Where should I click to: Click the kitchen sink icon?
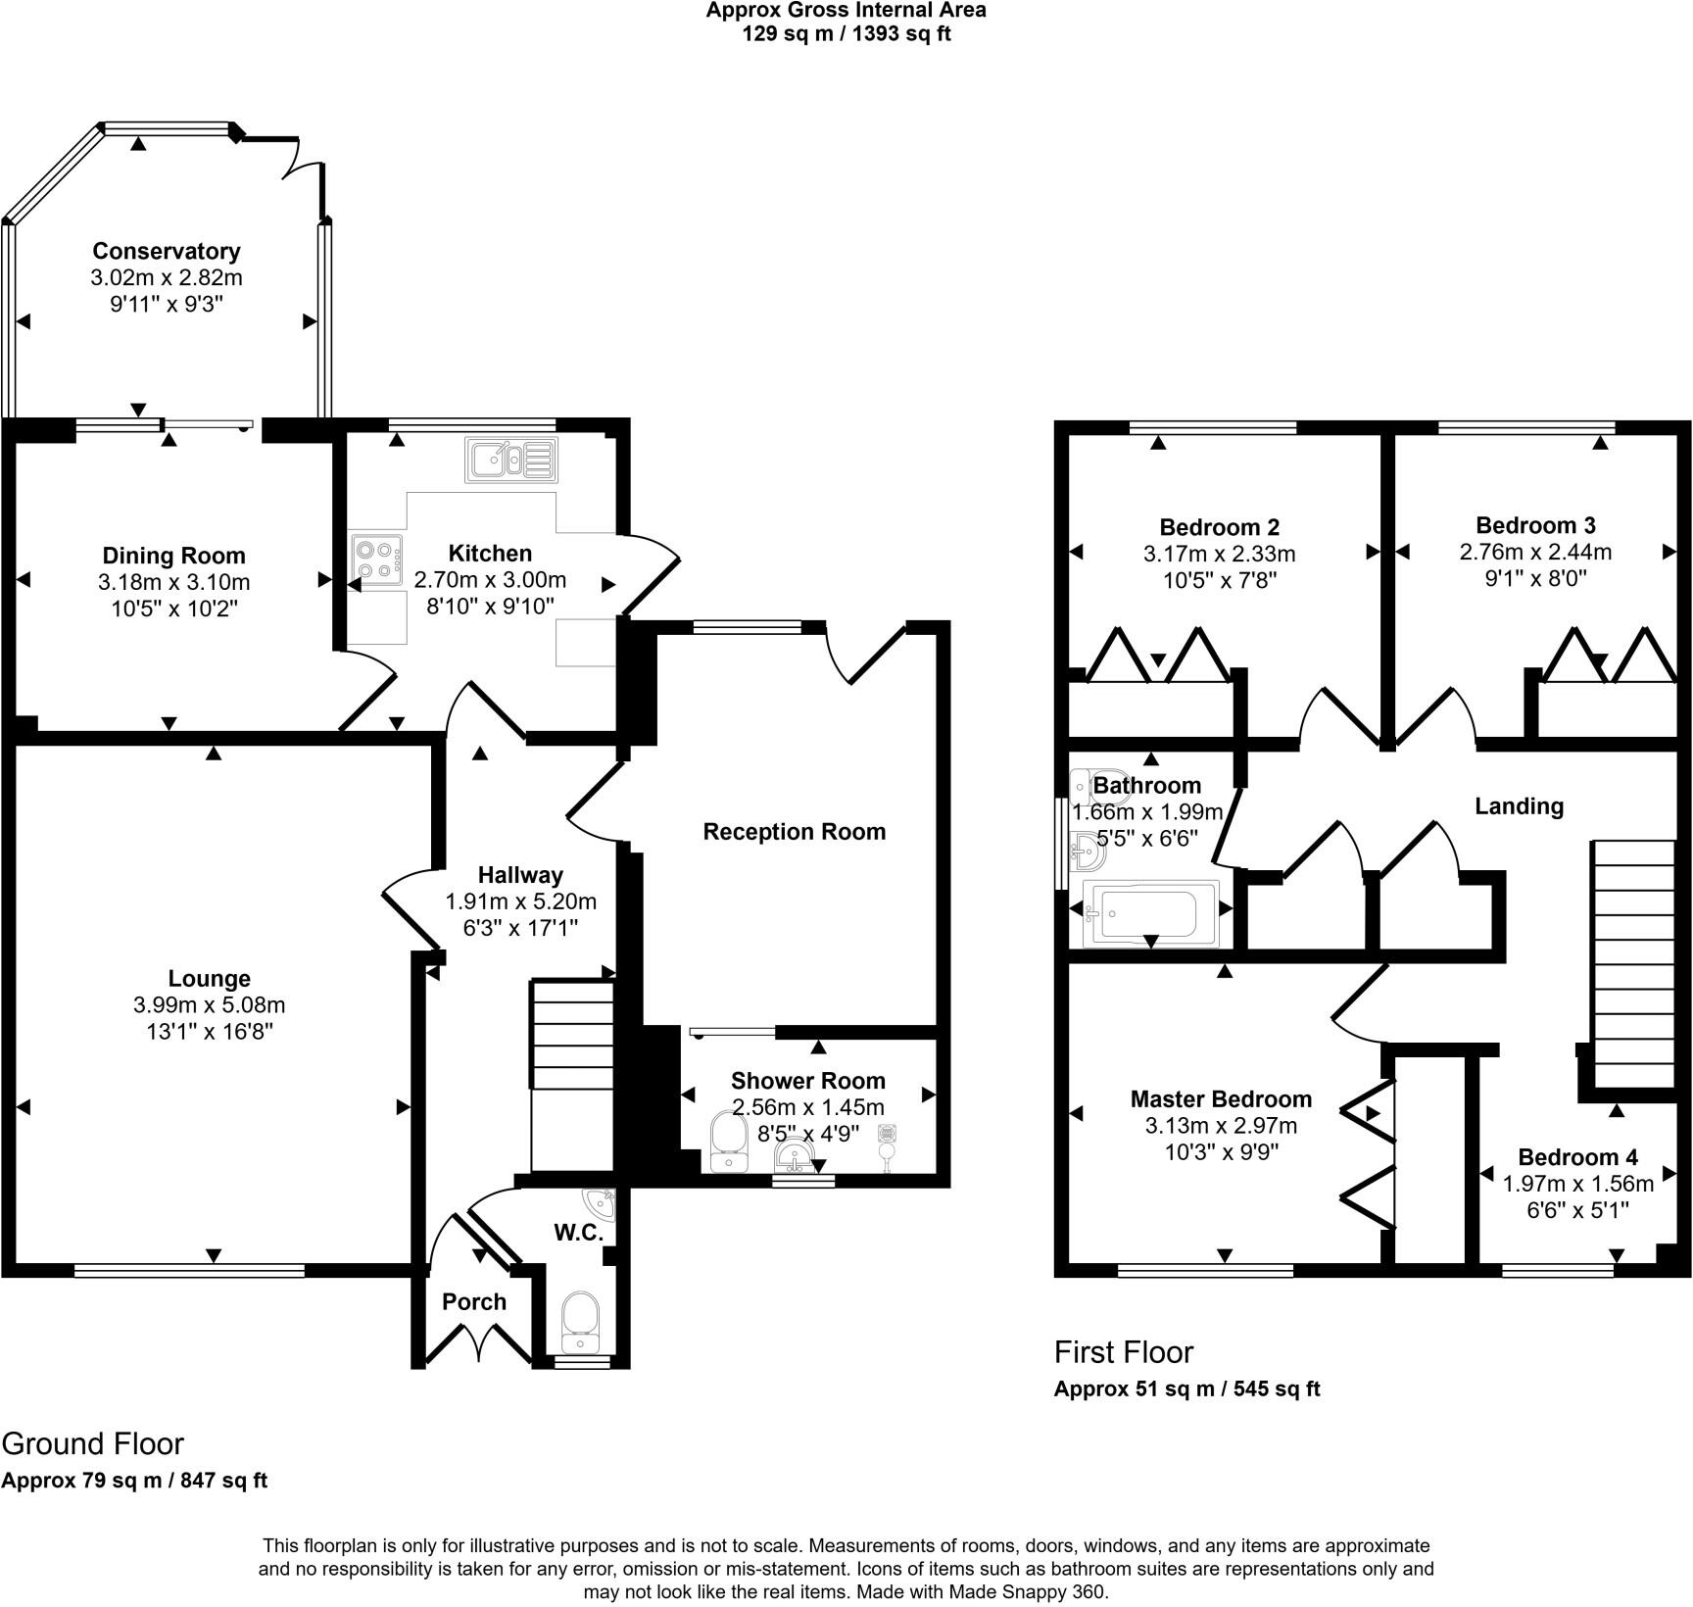[511, 461]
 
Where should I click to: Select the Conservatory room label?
[167, 251]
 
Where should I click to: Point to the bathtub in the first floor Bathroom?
[1150, 913]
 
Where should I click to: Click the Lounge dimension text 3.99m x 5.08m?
[210, 1004]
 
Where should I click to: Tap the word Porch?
[474, 1301]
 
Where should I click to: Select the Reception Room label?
[794, 832]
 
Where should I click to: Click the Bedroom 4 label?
[1577, 1156]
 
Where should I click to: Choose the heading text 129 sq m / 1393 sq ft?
[845, 33]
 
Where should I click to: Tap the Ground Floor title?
[93, 1443]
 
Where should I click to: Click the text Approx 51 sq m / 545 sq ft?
[1186, 1388]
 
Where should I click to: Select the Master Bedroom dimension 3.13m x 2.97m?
[1221, 1125]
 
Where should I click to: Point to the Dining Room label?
[173, 557]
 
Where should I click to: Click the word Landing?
[1519, 806]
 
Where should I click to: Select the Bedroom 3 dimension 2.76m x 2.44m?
[1535, 552]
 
